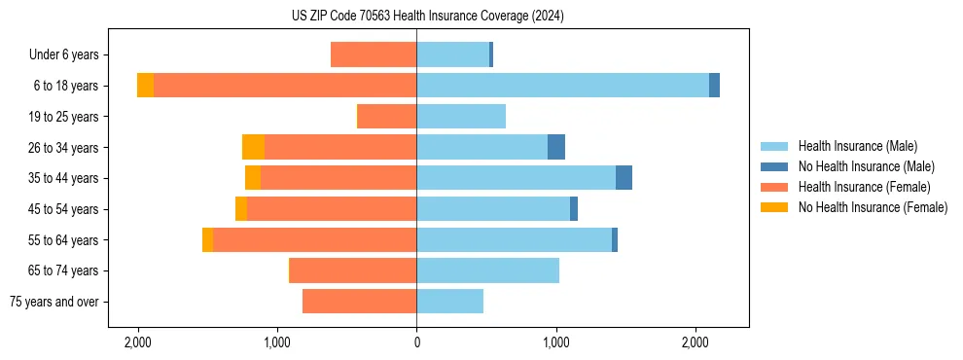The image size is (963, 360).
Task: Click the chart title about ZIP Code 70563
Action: [x=427, y=17]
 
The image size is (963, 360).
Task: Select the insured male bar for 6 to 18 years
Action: [x=562, y=86]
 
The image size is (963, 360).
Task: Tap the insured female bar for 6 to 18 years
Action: [x=285, y=86]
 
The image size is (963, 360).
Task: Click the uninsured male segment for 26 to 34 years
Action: [x=556, y=147]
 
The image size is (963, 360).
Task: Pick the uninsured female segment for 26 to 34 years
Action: [x=253, y=147]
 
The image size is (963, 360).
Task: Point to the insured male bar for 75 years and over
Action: [x=449, y=302]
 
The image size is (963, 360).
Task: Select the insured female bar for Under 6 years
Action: [x=374, y=54]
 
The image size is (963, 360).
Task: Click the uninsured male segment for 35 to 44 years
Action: [x=624, y=178]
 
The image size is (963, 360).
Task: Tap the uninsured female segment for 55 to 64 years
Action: [x=207, y=239]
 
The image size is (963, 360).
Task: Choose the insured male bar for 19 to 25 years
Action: [x=461, y=117]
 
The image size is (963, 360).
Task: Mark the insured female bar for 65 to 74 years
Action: [x=353, y=270]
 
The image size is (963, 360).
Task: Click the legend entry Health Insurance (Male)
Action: [x=856, y=146]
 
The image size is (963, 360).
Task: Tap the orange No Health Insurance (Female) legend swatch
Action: [x=775, y=207]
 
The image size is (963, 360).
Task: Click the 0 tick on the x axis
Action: [x=416, y=342]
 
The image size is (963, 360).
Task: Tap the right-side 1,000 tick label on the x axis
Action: [x=555, y=342]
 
